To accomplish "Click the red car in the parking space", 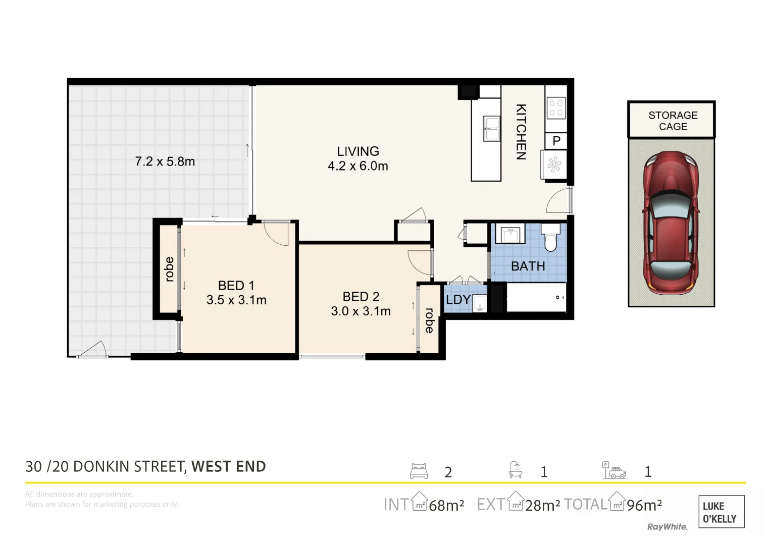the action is [x=671, y=223].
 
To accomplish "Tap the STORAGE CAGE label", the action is [x=673, y=121].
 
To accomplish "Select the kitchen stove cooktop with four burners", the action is [x=556, y=107].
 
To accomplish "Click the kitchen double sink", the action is [x=491, y=129].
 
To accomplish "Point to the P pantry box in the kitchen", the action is [x=556, y=141].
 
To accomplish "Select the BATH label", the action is [x=528, y=266].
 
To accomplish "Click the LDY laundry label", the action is [x=458, y=299].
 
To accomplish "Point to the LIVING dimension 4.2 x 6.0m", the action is [x=358, y=166].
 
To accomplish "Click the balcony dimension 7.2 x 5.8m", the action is [x=165, y=161].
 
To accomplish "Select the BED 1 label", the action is [x=236, y=285].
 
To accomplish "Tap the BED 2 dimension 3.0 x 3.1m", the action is [x=361, y=311].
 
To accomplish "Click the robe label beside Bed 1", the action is [x=169, y=269].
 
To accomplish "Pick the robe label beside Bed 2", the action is [x=429, y=320].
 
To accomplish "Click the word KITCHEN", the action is [x=521, y=132].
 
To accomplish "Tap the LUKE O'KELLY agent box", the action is [x=722, y=512].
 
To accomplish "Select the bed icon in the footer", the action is [x=419, y=471].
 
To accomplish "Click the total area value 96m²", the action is [x=644, y=505].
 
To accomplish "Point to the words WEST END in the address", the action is [x=229, y=467].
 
